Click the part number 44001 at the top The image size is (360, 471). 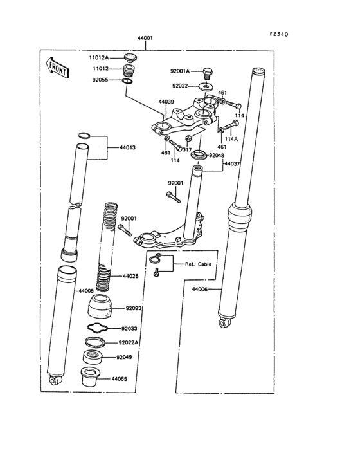click(145, 39)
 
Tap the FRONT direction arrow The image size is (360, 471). click(56, 66)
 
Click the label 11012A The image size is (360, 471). click(100, 58)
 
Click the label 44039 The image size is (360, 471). click(166, 102)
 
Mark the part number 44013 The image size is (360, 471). click(127, 147)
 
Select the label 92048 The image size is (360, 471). click(217, 156)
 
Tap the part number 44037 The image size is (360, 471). click(232, 164)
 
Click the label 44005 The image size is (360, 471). click(86, 291)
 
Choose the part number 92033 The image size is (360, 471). click(130, 328)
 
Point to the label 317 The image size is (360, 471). click(188, 149)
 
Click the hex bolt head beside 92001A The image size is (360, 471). click(208, 71)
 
